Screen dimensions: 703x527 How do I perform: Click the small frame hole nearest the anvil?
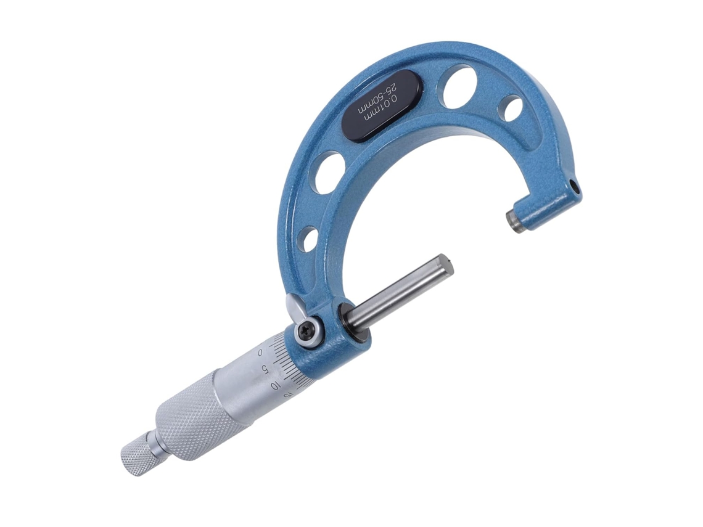tap(512, 108)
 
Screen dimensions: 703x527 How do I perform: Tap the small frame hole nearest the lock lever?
tap(310, 239)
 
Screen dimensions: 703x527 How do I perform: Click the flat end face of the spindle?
tap(446, 264)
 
